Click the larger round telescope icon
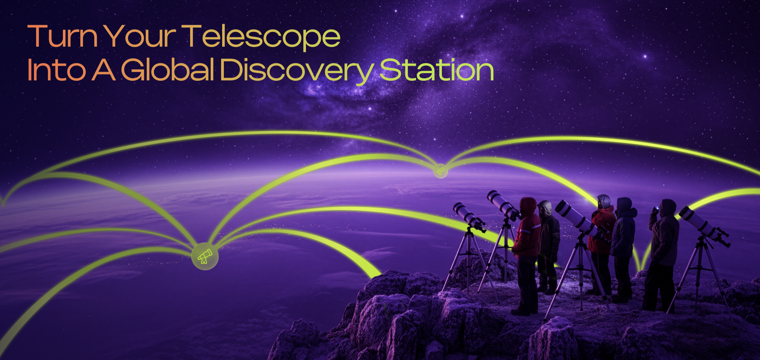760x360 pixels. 205,256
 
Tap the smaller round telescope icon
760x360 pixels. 440,171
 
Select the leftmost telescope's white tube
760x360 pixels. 466,214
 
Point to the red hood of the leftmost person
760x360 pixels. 528,206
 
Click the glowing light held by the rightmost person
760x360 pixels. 656,209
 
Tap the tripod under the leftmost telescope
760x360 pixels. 469,261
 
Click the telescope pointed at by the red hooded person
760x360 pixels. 503,205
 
